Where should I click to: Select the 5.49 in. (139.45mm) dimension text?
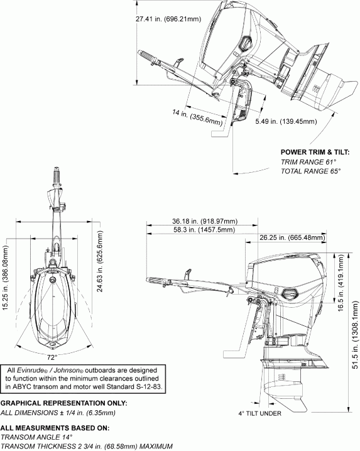coord(286,122)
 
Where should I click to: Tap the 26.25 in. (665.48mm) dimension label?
coord(293,237)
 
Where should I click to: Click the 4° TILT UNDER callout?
coord(261,413)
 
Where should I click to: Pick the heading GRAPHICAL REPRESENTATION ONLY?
coord(63,403)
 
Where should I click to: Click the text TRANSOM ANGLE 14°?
coord(36,437)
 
